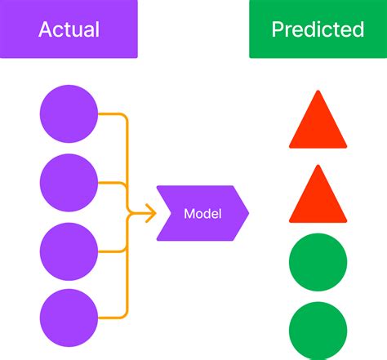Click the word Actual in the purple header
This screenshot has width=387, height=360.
pos(69,30)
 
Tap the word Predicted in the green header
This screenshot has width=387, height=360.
pos(318,30)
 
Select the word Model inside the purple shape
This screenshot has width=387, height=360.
pos(203,215)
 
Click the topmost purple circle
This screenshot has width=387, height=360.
pos(69,114)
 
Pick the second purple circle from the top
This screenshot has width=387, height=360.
pos(69,182)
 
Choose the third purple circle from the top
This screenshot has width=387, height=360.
pos(69,250)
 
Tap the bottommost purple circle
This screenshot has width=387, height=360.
pos(69,317)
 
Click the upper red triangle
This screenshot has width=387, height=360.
pos(318,122)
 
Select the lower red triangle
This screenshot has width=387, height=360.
pos(318,197)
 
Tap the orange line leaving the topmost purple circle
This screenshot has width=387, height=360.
pos(113,115)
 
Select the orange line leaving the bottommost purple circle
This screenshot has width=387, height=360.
pos(113,317)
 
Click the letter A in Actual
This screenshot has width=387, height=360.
pos(46,30)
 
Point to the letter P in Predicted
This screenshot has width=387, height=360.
pos(278,30)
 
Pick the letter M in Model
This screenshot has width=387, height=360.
pos(189,215)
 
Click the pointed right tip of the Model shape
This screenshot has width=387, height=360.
pos(248,215)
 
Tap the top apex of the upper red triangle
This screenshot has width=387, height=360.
pos(318,91)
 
